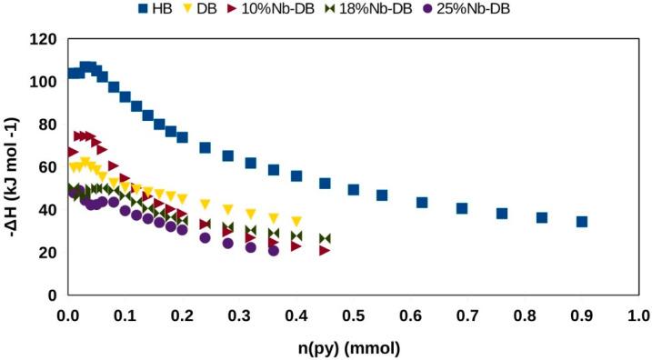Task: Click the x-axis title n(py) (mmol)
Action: pos(352,347)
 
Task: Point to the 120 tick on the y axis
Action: pos(45,39)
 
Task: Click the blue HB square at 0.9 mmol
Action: pos(581,222)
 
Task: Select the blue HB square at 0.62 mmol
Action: pos(422,202)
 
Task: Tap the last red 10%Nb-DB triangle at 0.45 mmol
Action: pos(325,250)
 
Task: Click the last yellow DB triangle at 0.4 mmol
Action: pos(296,221)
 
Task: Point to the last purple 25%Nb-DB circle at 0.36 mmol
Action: pos(274,251)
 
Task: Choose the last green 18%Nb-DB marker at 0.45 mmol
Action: pos(325,239)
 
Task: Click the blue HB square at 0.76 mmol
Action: pos(502,214)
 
